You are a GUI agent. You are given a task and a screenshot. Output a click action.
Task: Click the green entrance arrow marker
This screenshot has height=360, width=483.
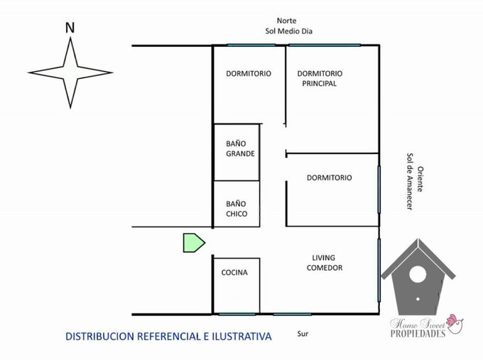coord(194,243)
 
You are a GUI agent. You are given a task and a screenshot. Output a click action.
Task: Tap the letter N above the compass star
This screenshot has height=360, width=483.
coord(70,28)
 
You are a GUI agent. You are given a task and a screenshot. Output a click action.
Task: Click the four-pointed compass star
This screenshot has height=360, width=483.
coord(70,73)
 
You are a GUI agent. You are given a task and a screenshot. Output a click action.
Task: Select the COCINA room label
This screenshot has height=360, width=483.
coord(234,273)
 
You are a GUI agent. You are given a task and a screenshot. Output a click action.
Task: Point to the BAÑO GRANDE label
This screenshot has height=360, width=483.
coord(240,148)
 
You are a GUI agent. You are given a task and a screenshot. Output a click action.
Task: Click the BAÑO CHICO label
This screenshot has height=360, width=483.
coord(237,209)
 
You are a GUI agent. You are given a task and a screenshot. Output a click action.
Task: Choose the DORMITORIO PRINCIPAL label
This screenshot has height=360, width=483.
coord(320,79)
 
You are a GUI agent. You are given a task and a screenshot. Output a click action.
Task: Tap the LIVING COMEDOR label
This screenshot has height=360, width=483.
coord(325,263)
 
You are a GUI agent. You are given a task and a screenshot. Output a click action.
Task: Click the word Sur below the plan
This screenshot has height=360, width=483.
coord(303,334)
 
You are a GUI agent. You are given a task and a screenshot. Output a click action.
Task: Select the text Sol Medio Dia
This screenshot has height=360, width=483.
coord(289,31)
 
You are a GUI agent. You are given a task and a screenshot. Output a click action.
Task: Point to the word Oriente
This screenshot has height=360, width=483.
coord(420,179)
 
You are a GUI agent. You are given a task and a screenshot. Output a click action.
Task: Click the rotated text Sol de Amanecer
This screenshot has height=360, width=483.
coord(410,182)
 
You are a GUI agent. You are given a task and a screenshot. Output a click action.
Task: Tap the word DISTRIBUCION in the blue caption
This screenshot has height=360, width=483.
coord(99,337)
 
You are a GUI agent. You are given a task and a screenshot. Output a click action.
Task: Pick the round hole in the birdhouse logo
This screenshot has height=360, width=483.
coord(418,274)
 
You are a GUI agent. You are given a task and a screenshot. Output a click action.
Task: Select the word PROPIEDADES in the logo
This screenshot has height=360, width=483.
coord(418,334)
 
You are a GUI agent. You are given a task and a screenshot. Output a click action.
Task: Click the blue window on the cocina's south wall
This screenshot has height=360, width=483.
coord(237,315)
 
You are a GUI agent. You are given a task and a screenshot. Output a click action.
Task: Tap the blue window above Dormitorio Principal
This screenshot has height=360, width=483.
coord(325,45)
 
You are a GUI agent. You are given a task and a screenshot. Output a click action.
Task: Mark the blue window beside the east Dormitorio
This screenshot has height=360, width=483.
coord(379,190)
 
